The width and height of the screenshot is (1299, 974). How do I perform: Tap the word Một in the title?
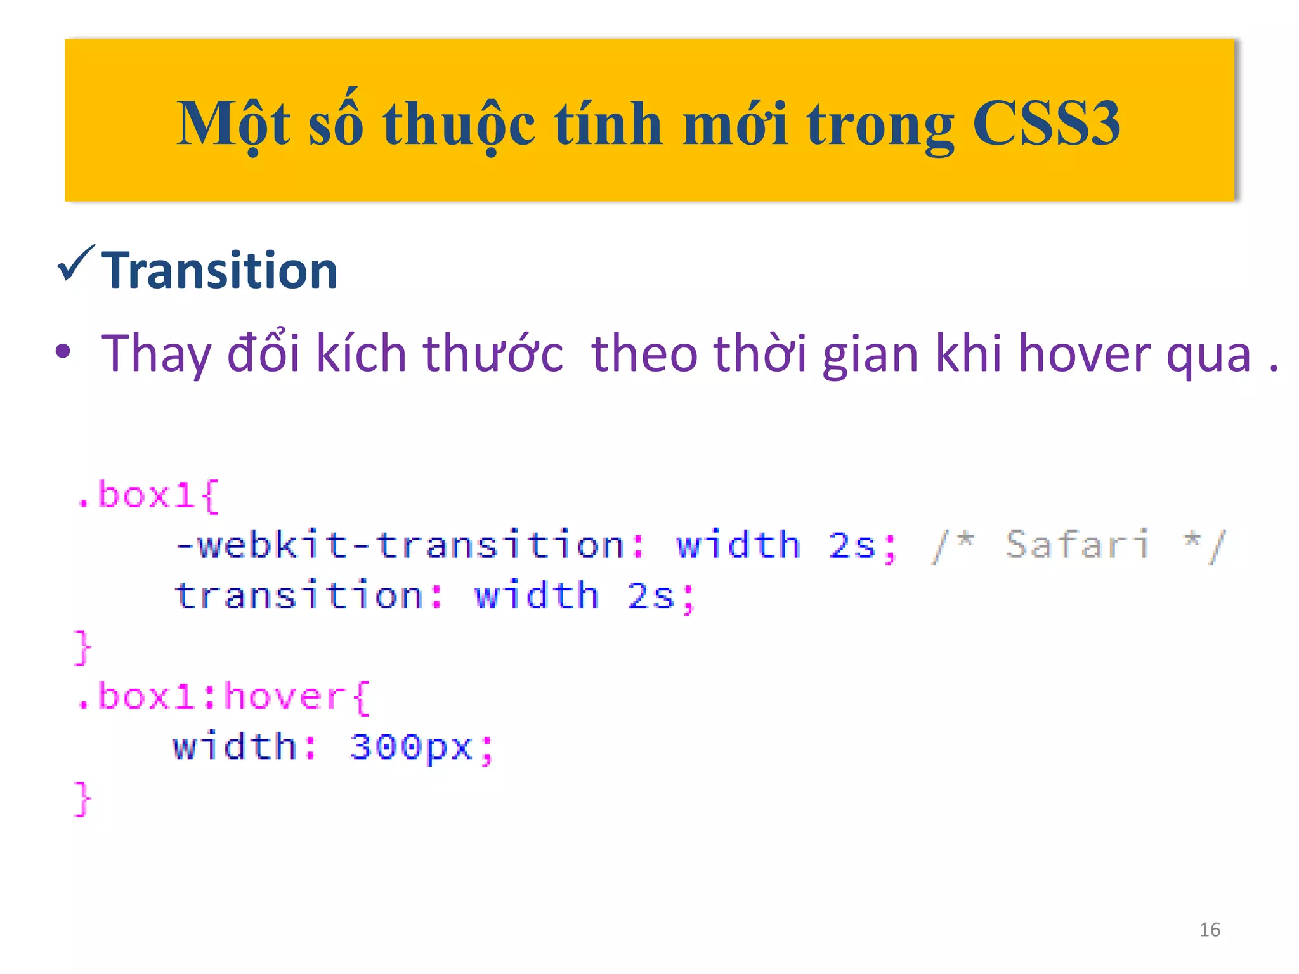(x=233, y=124)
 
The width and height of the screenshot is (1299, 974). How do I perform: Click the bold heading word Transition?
(x=219, y=271)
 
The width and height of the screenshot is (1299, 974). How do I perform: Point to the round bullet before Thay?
(x=63, y=352)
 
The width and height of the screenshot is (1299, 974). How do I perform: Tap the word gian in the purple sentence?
(x=870, y=354)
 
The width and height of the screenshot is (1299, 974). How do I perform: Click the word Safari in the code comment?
(x=1077, y=545)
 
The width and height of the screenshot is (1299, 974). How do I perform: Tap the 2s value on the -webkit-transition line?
(x=852, y=545)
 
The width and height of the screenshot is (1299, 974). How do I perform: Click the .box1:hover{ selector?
(x=222, y=697)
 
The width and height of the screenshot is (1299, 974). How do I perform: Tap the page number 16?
(x=1210, y=930)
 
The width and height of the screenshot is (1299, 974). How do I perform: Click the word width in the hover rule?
(x=235, y=747)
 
